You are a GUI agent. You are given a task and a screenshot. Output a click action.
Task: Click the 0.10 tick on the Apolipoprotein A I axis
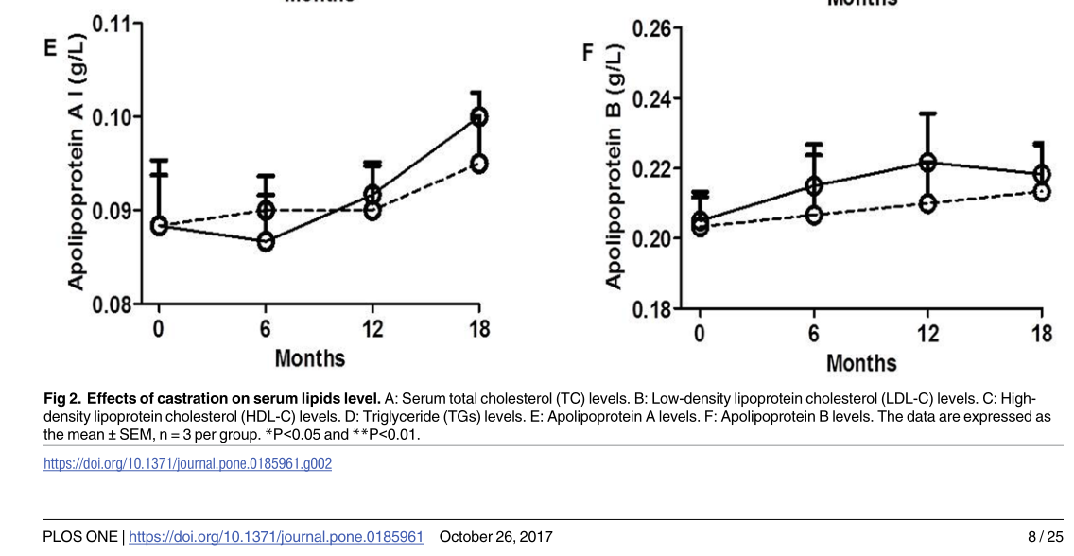116,116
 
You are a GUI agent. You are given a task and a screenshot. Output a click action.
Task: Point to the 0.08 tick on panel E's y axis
116,304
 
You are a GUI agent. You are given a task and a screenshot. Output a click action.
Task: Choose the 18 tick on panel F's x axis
1042,333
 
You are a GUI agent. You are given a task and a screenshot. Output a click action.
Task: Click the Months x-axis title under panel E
309,359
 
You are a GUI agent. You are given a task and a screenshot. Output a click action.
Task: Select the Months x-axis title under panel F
861,363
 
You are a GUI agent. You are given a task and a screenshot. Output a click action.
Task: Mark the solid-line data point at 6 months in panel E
266,241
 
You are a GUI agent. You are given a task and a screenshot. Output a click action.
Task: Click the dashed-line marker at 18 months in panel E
479,164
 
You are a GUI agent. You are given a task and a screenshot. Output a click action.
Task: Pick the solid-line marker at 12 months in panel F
928,163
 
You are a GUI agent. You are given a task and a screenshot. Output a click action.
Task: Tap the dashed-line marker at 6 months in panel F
813,215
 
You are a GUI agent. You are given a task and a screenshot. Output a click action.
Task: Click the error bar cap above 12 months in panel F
928,113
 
